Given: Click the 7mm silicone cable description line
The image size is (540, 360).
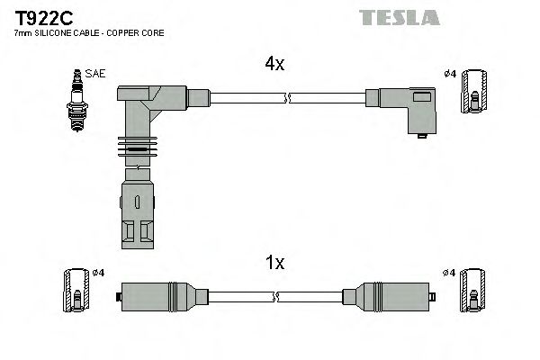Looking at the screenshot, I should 90,33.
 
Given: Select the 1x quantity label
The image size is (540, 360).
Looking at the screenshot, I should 274,263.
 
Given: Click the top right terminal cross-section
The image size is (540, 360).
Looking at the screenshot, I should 475,93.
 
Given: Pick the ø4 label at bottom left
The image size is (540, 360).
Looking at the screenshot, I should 99,273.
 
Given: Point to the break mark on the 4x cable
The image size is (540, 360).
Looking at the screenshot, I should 286,96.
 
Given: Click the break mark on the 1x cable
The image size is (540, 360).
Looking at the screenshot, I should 276,296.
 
